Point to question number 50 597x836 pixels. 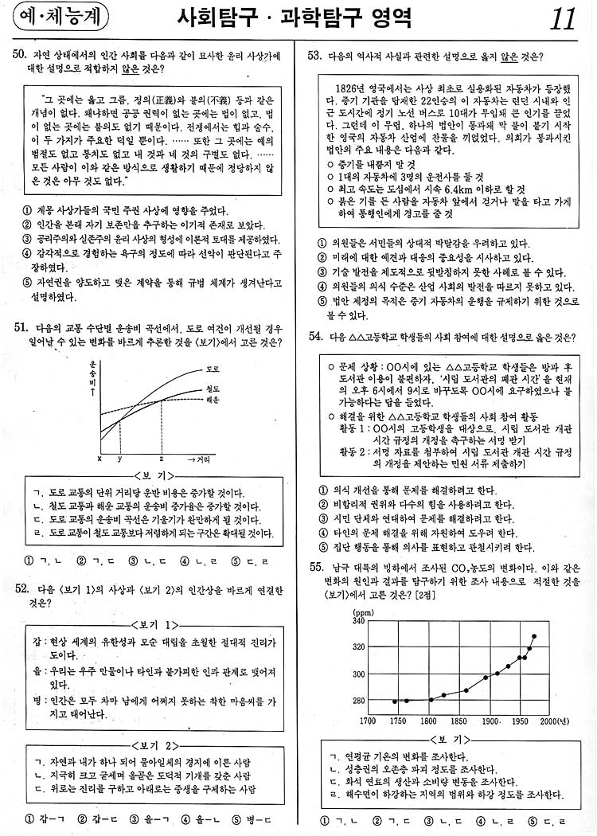21,55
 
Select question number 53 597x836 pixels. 314,55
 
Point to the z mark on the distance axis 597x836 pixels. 162,459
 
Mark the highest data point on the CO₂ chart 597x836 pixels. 534,636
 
